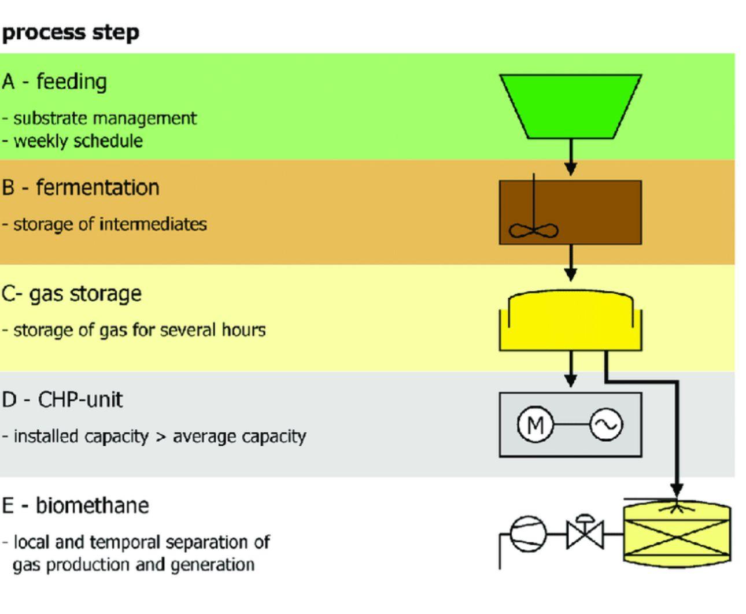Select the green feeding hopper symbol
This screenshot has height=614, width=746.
571,106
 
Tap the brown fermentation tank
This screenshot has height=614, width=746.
571,213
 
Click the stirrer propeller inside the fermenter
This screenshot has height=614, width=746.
533,231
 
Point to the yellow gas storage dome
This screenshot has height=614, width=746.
571,320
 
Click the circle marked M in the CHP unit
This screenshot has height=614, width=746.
535,424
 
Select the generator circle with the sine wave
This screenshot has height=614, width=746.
606,424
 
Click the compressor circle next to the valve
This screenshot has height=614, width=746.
528,534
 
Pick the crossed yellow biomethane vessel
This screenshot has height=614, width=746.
677,535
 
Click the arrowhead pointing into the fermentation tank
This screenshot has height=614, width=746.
571,169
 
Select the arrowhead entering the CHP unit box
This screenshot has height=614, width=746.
571,381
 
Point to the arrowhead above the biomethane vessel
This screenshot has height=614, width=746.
677,490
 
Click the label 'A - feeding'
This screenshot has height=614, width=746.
54,82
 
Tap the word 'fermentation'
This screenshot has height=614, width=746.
98,187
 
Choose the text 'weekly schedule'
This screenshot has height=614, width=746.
78,140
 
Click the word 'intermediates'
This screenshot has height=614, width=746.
153,224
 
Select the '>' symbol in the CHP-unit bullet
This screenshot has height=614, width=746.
161,437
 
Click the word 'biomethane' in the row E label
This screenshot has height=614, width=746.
93,505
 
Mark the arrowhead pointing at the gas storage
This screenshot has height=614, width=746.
571,275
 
